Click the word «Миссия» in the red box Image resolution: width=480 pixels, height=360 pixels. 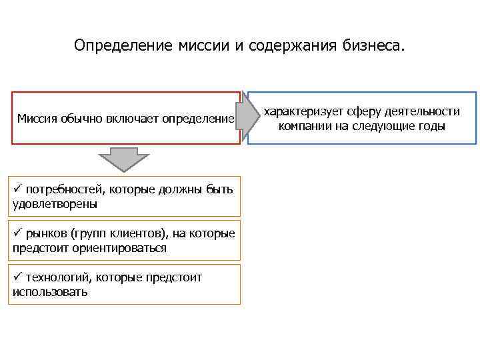coord(37,119)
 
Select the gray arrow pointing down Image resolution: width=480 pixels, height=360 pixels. coord(123,160)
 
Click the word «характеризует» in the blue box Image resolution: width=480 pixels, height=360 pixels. coord(300,111)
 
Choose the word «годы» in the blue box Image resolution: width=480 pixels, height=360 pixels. coord(430,125)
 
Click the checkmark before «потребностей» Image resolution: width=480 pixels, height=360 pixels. coord(18,189)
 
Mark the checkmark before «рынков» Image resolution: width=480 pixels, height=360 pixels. coord(18,233)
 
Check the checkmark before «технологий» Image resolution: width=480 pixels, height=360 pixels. coord(18,277)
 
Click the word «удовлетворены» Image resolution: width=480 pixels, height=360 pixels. coord(55,203)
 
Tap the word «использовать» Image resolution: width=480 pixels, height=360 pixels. coord(50,291)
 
